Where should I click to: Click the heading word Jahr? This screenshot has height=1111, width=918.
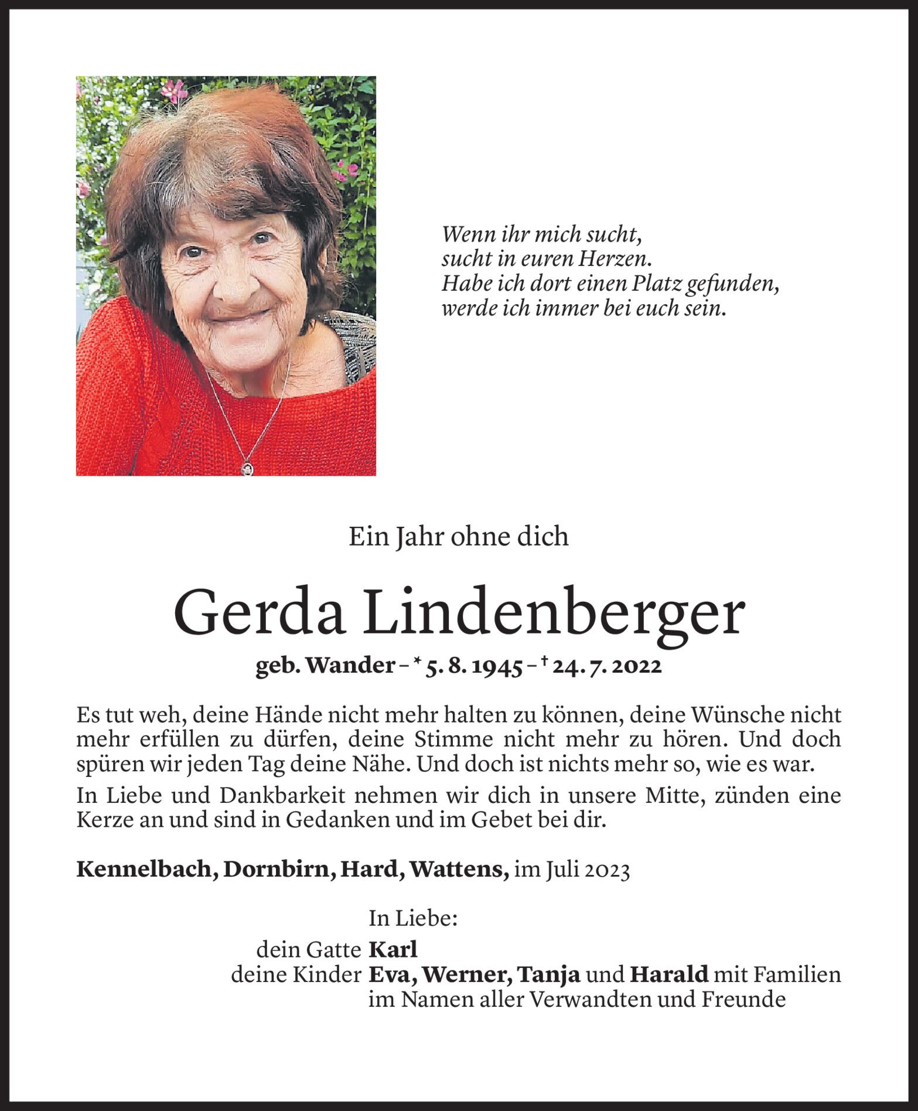(415, 537)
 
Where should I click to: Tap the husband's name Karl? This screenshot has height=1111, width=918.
(393, 949)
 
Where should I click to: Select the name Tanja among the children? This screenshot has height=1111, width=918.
(550, 974)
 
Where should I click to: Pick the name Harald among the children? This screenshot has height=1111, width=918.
(669, 974)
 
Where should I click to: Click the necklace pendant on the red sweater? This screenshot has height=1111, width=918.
(248, 468)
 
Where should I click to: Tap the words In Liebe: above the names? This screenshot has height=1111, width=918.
(413, 919)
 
